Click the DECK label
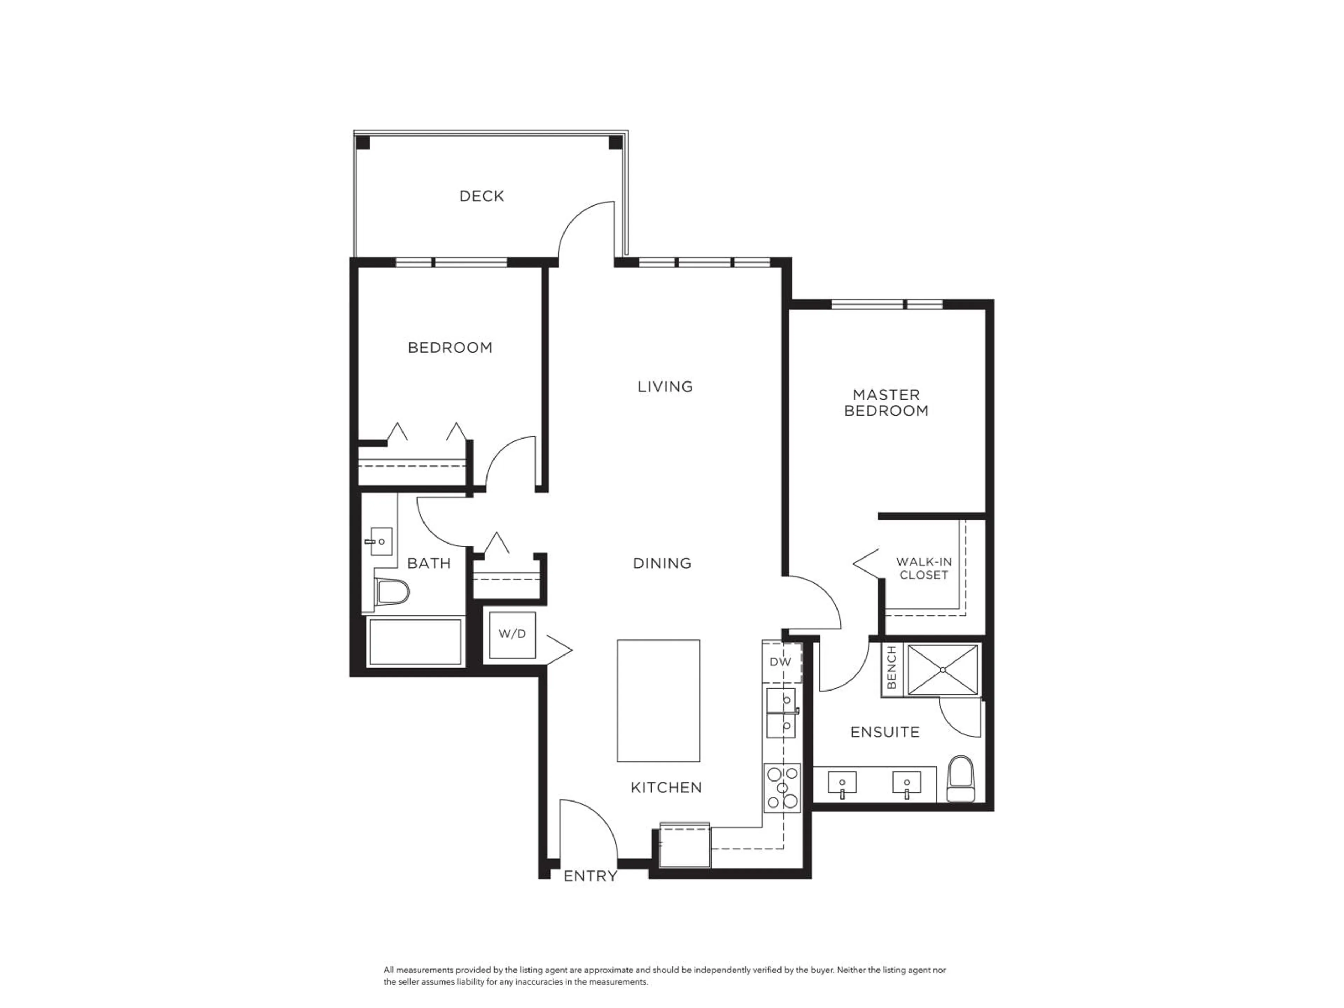[481, 196]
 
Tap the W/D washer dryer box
[512, 634]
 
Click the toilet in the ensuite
[961, 779]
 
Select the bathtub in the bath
[415, 642]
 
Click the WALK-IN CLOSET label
[924, 568]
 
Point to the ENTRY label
[590, 876]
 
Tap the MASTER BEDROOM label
[887, 403]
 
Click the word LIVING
[665, 386]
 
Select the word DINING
[661, 563]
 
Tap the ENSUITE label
[885, 732]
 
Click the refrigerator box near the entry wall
[685, 845]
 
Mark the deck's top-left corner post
[363, 143]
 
